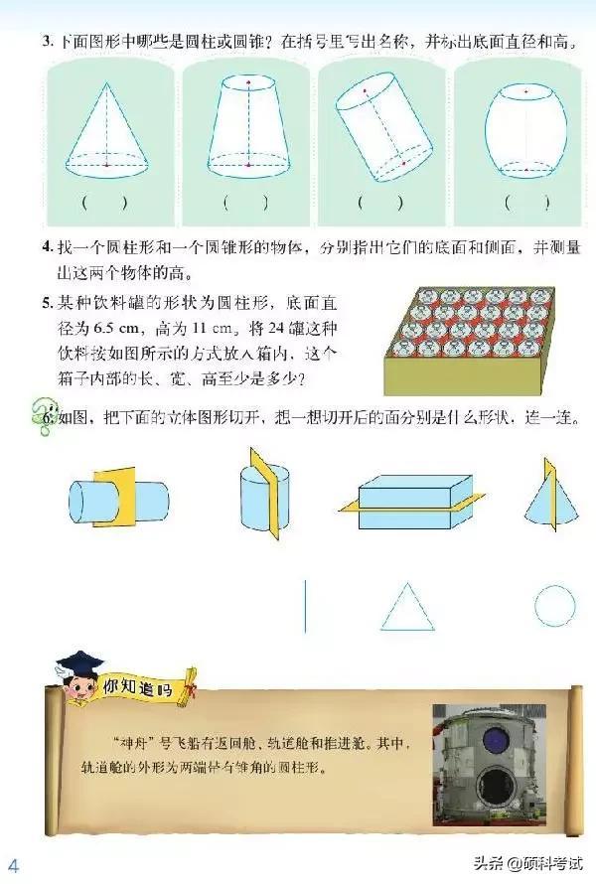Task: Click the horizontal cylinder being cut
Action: pos(117,494)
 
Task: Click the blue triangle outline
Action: pos(407,608)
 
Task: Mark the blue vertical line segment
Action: pos(305,605)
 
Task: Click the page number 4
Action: pos(14,860)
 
